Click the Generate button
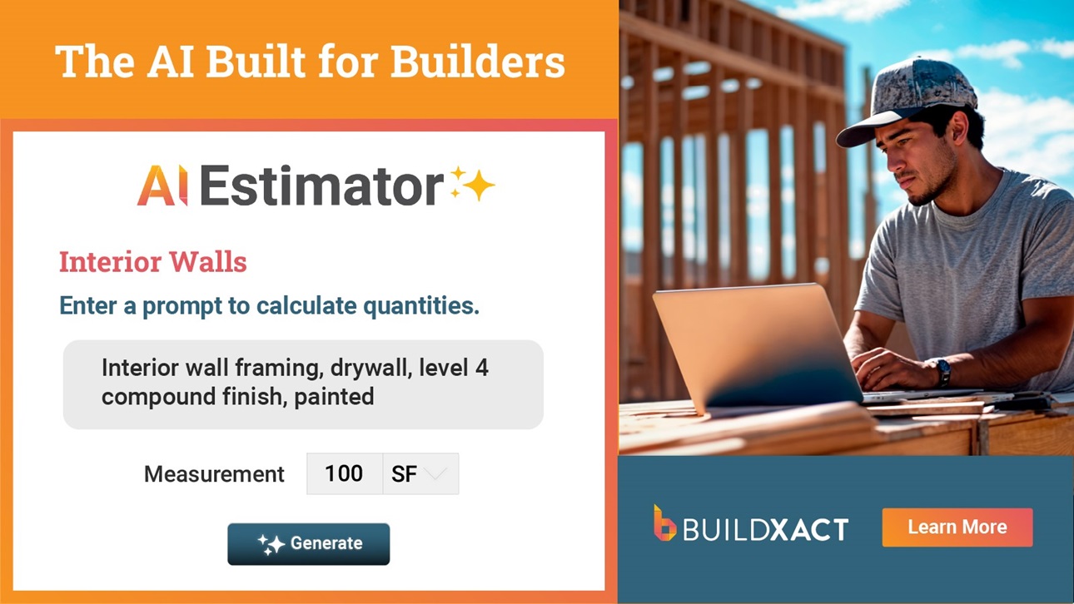tap(308, 543)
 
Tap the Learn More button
tap(957, 527)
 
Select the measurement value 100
tap(344, 473)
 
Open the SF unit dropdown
tap(420, 473)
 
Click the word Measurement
tap(214, 474)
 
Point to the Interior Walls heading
tap(153, 262)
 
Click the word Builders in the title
tap(478, 62)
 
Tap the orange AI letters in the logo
tap(162, 186)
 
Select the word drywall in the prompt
tap(371, 368)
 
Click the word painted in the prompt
tap(334, 397)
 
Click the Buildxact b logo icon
tap(664, 523)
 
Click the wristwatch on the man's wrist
tap(942, 372)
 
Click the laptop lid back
tap(758, 346)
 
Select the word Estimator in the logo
tap(321, 186)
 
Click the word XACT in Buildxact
tap(809, 530)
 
